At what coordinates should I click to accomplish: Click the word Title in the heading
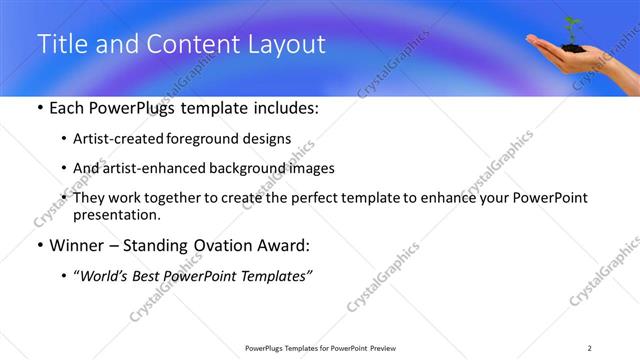pos(59,44)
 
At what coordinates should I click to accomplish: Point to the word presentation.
pos(116,214)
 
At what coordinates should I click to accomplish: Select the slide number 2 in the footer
pos(590,348)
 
